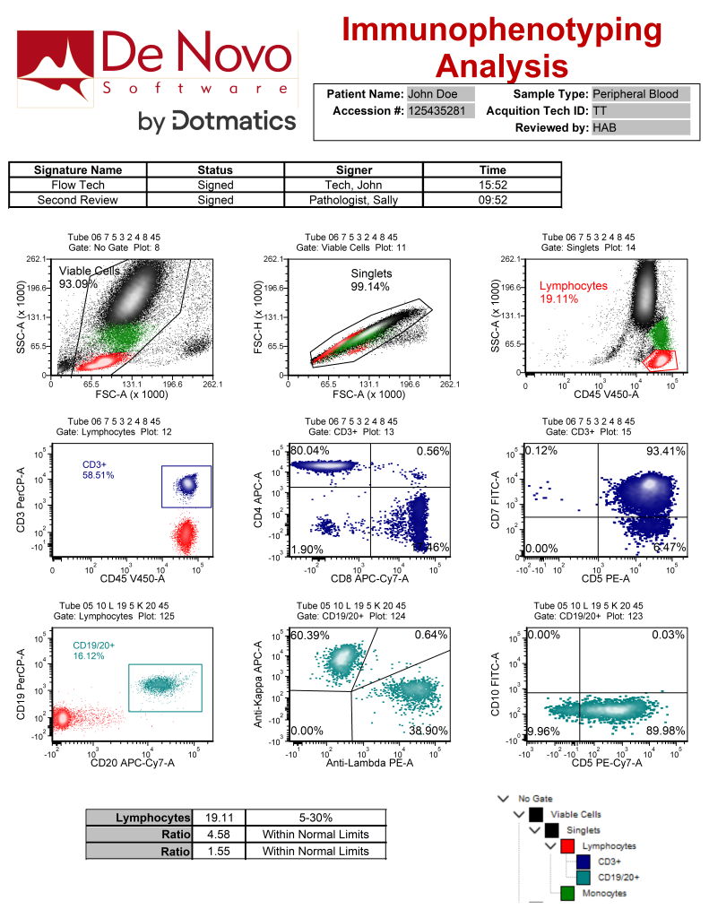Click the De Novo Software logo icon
point(57,67)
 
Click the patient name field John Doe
point(428,94)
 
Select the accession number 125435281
point(437,111)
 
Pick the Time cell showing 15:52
point(493,186)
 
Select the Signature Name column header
point(77,170)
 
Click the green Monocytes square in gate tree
point(566,892)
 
